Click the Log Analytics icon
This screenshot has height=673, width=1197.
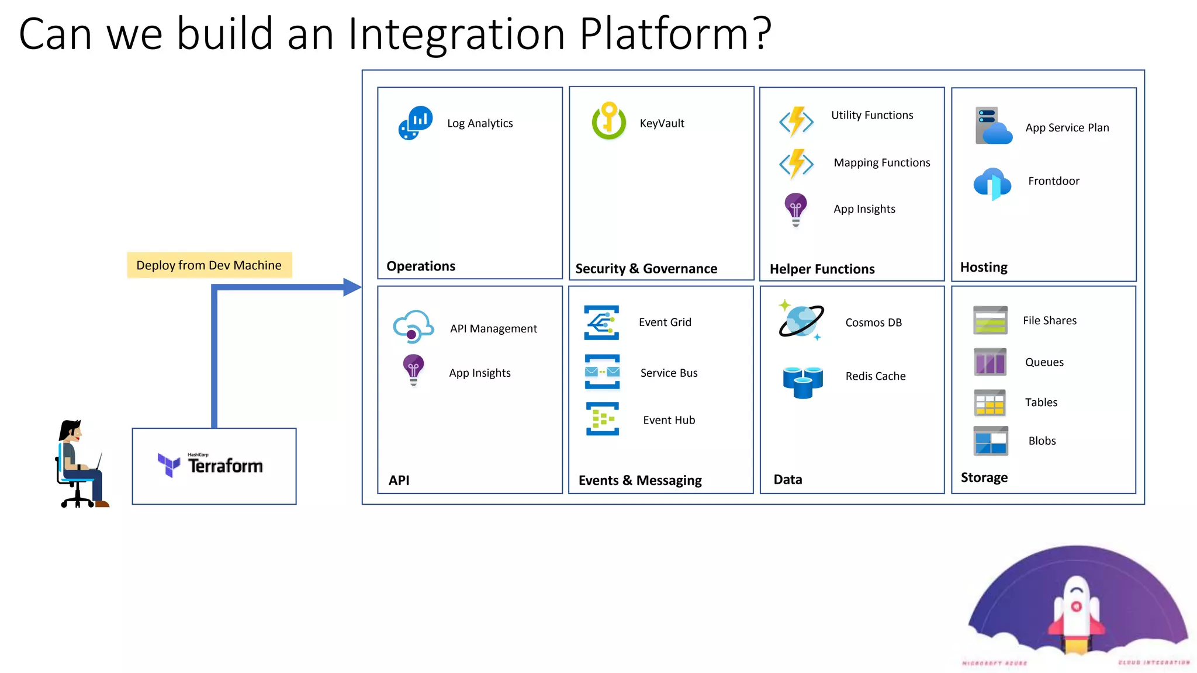[x=416, y=123]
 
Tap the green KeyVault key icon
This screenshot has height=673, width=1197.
[x=608, y=122]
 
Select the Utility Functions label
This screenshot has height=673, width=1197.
[x=872, y=115]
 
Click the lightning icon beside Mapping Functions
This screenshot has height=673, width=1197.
[x=796, y=164]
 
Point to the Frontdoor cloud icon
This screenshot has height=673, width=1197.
[x=992, y=183]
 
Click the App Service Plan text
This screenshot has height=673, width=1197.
[x=1067, y=128]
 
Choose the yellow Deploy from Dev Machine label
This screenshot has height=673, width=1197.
[x=209, y=265]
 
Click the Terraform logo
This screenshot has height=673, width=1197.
[x=211, y=466]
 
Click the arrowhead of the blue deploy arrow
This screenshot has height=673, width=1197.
[x=352, y=287]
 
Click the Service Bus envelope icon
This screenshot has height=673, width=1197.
[x=602, y=372]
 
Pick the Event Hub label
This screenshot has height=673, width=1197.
[x=669, y=420]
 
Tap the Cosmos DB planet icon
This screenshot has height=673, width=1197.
[x=801, y=321]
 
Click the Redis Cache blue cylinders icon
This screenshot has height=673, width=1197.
[x=802, y=381]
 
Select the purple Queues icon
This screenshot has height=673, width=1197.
[x=990, y=362]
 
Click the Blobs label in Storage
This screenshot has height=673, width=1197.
[x=1042, y=441]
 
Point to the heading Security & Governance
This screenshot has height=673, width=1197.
[x=646, y=269]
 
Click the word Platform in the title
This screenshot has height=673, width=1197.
[x=675, y=34]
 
